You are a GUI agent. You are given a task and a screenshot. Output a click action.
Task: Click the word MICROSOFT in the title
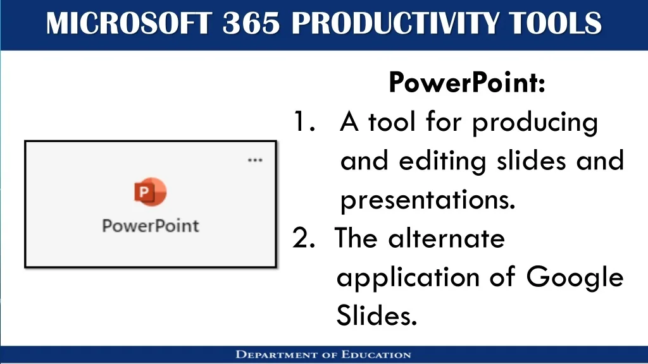pos(129,23)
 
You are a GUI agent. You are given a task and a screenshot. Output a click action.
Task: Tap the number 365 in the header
pos(251,23)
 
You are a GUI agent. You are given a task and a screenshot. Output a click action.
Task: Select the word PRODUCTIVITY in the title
pos(395,23)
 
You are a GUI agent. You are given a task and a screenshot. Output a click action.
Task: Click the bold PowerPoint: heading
pos(467,82)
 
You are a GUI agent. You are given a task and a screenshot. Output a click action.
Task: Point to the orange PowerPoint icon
pos(150,192)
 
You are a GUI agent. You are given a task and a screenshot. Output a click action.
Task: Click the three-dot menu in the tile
pos(255,160)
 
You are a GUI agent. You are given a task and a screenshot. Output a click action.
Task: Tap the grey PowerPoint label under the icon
pos(151,226)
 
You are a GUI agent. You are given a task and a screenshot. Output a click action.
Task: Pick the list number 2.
pos(304,238)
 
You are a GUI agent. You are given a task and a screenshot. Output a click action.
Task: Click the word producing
pos(535,123)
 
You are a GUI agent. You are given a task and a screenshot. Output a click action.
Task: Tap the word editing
pos(442,161)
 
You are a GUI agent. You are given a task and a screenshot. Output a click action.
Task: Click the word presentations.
pos(428,200)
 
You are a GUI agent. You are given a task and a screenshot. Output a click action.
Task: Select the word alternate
pos(446,238)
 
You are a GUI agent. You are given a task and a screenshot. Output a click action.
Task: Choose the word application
pos(408,277)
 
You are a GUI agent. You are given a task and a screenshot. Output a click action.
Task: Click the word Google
pos(575,277)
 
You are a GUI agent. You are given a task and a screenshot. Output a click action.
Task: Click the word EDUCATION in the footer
pos(376,355)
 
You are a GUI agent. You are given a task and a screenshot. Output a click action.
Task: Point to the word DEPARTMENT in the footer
pos(277,355)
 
